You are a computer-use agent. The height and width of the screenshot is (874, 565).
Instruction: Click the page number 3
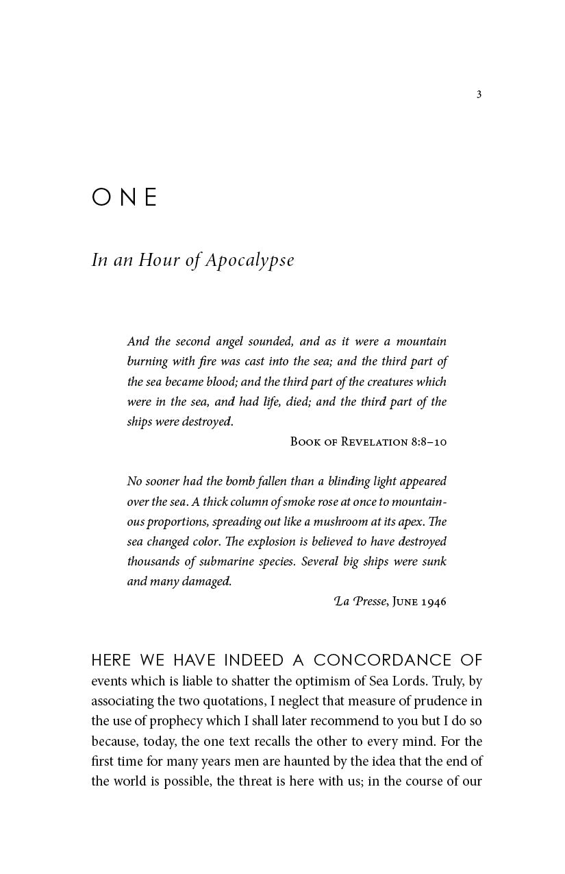click(479, 95)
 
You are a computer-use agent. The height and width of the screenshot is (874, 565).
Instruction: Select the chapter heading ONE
click(125, 197)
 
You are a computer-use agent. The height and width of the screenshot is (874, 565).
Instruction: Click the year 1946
click(434, 602)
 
